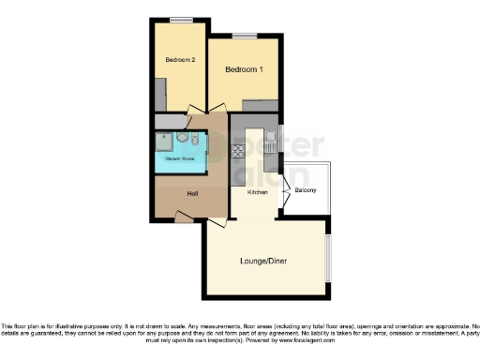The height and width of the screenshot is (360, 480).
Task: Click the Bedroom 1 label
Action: (243, 70)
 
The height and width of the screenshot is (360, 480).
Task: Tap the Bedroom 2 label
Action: (179, 60)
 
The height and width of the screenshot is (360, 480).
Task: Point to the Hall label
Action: (192, 193)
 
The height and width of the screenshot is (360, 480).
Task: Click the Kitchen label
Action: (257, 192)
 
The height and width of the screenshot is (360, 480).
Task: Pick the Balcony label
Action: (306, 191)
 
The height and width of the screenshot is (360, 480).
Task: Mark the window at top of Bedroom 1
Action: (245, 36)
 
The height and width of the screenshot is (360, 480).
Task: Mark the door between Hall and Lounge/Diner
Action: (217, 223)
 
